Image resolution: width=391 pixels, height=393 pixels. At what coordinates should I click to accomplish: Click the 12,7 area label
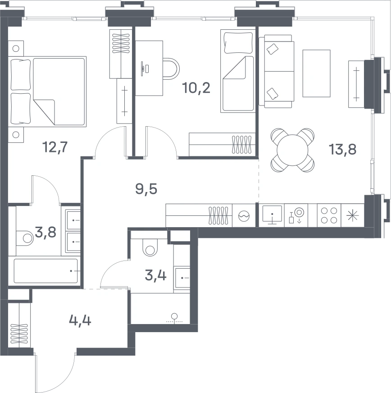click(55, 147)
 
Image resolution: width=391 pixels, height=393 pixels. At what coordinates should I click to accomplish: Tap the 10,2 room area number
click(196, 88)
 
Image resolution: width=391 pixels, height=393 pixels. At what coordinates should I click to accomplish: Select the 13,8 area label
click(342, 149)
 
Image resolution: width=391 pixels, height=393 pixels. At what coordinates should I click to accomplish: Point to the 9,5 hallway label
click(146, 189)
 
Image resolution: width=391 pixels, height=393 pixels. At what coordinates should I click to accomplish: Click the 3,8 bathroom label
click(45, 233)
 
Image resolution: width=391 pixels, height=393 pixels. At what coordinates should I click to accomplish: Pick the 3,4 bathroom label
click(155, 275)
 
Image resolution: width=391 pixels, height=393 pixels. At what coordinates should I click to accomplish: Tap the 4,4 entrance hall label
click(80, 320)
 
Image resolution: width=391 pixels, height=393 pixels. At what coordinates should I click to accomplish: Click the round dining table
click(292, 150)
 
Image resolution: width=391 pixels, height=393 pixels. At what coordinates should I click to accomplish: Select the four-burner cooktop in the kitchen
click(329, 215)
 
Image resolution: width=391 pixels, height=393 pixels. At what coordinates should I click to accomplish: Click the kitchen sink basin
click(272, 214)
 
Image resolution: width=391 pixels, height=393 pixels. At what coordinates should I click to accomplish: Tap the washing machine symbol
click(244, 215)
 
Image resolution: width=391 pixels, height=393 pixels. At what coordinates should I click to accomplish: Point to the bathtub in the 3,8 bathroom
click(45, 271)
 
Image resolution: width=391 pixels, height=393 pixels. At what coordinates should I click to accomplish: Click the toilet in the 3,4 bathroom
click(150, 247)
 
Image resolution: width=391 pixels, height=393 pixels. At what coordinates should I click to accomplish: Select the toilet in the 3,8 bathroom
click(25, 238)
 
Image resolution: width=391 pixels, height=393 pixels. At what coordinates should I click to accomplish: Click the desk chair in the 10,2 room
click(171, 69)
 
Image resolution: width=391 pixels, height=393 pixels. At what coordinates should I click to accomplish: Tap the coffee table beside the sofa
click(316, 73)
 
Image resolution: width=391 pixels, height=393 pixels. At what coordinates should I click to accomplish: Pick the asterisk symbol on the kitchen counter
click(353, 215)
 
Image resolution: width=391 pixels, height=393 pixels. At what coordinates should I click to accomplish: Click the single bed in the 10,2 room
click(238, 71)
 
